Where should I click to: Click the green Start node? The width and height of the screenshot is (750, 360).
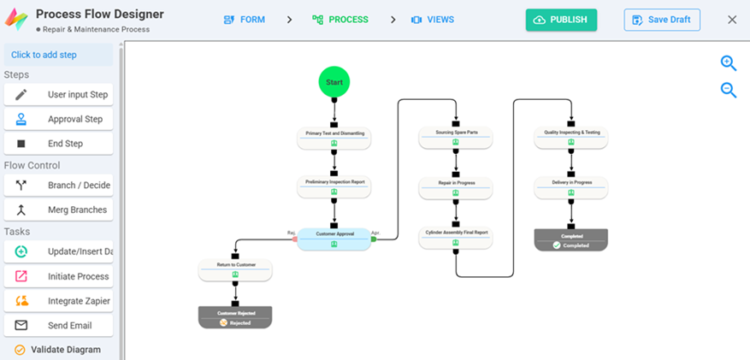click(x=334, y=83)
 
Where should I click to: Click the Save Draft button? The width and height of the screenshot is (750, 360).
click(x=662, y=20)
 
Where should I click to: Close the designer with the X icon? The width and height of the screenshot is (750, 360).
click(x=732, y=20)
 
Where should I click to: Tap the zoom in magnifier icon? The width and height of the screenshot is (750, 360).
click(x=729, y=63)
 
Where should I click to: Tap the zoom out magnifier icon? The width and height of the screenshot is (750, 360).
click(x=729, y=90)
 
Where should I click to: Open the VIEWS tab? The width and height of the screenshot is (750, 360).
click(x=433, y=20)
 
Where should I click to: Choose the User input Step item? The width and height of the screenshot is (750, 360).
click(x=58, y=95)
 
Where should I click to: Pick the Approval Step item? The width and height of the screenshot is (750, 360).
click(x=58, y=120)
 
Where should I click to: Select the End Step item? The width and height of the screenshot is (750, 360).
click(x=58, y=144)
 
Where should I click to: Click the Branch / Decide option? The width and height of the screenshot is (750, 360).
click(x=58, y=186)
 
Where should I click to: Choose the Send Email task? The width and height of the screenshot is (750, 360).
click(x=58, y=326)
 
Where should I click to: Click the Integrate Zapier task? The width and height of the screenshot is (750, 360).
click(x=58, y=301)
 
